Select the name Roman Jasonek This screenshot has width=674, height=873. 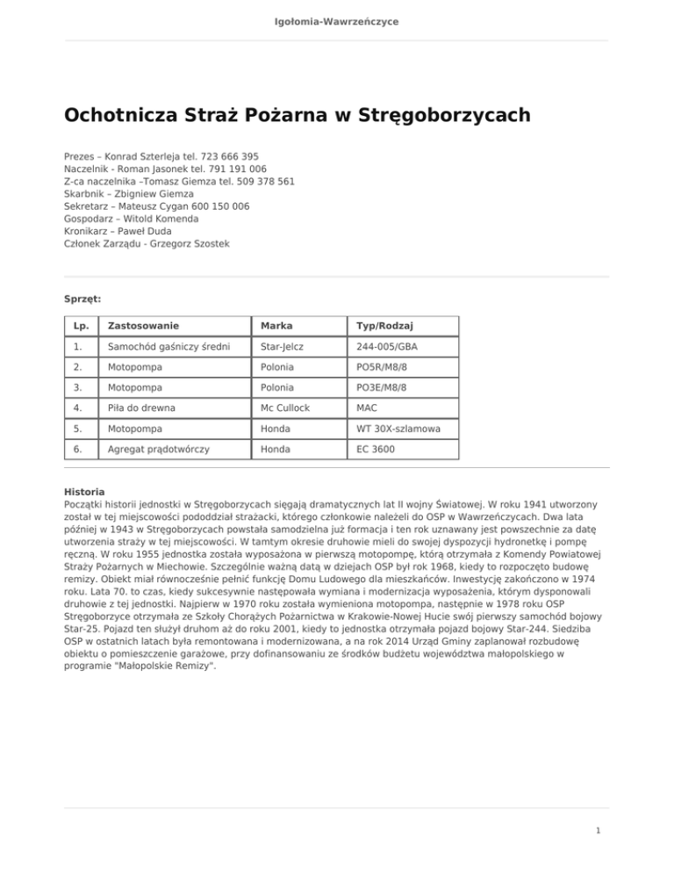(x=148, y=168)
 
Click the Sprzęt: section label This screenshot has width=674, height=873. (x=82, y=299)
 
